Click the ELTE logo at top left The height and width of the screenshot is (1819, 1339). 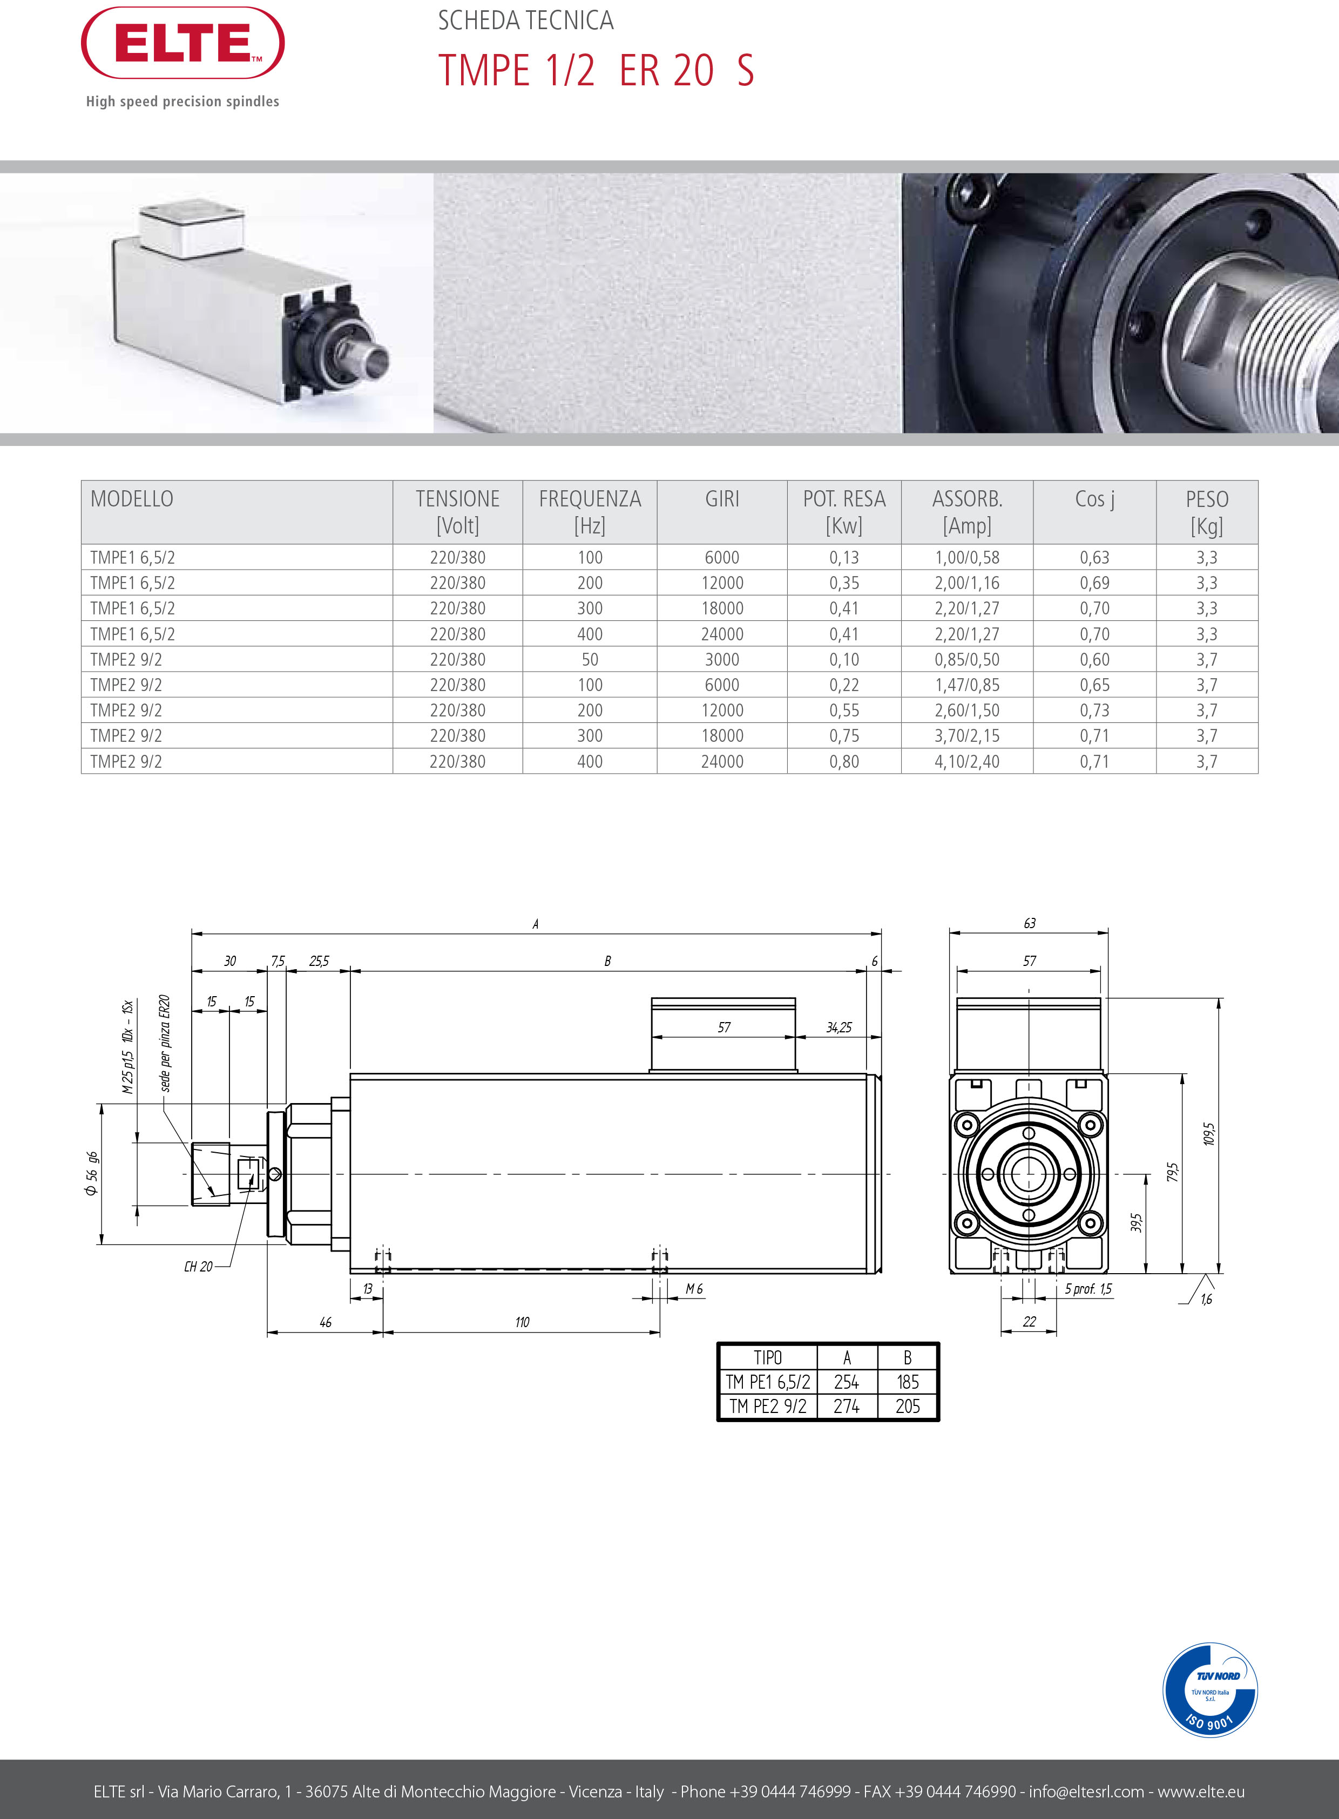pyautogui.click(x=182, y=43)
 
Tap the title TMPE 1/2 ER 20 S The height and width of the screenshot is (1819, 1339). pyautogui.click(x=596, y=71)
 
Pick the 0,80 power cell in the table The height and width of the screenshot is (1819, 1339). pyautogui.click(x=844, y=761)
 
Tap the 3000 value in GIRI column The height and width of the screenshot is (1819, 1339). pyautogui.click(x=721, y=660)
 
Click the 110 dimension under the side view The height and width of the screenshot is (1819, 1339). pyautogui.click(x=522, y=1322)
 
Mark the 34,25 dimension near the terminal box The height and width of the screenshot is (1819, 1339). pyautogui.click(x=839, y=1028)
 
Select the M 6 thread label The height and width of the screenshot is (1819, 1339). pyautogui.click(x=694, y=1289)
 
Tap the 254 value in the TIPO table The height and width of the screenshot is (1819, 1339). pyautogui.click(x=846, y=1382)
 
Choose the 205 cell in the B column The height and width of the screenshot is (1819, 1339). pyautogui.click(x=907, y=1406)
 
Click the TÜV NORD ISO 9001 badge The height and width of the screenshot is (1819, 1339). pyautogui.click(x=1209, y=1690)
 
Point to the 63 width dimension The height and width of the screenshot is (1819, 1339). pyautogui.click(x=1030, y=923)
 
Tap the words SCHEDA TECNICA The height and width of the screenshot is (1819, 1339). pyautogui.click(x=525, y=21)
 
